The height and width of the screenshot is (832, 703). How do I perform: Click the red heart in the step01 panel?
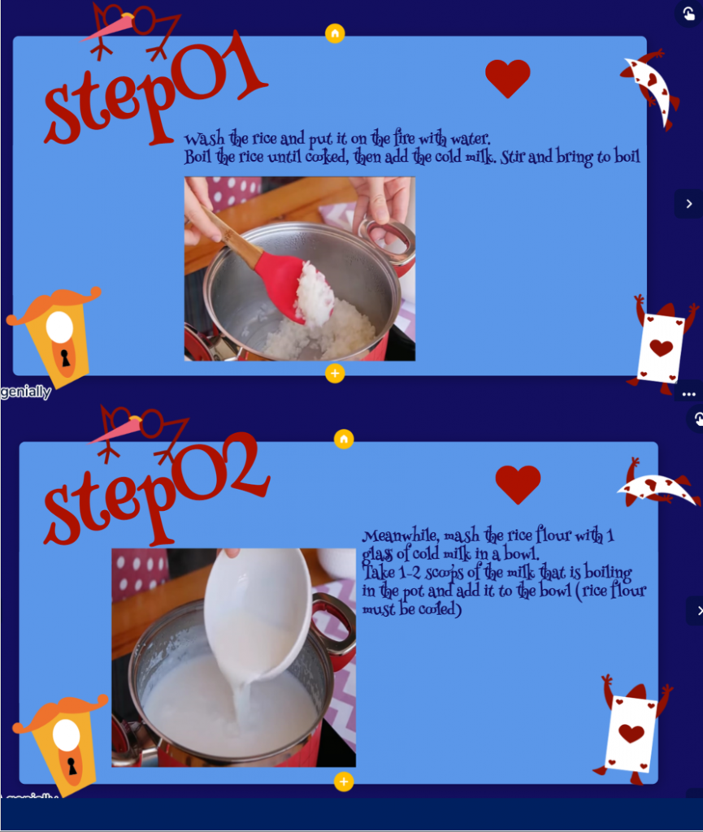pyautogui.click(x=508, y=78)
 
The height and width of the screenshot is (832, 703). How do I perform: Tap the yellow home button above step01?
pyautogui.click(x=335, y=33)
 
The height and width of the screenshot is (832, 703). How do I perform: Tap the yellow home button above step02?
pyautogui.click(x=344, y=439)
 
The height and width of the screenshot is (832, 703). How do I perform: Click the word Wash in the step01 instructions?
pyautogui.click(x=204, y=139)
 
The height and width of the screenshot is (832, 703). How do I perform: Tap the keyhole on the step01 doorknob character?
pyautogui.click(x=65, y=357)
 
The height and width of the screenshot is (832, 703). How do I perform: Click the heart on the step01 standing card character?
pyautogui.click(x=661, y=348)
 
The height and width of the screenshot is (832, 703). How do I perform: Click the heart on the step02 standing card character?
pyautogui.click(x=631, y=734)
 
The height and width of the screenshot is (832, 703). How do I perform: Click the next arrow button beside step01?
pyautogui.click(x=688, y=204)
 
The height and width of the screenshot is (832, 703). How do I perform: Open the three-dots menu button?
pyautogui.click(x=688, y=394)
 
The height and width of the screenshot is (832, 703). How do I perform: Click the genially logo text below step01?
pyautogui.click(x=25, y=392)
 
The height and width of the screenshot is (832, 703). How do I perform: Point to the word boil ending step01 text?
pyautogui.click(x=627, y=157)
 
